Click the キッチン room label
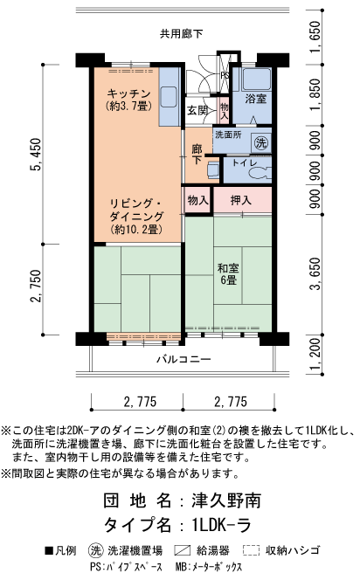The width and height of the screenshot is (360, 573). (x=130, y=94)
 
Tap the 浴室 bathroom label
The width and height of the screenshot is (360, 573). (x=256, y=99)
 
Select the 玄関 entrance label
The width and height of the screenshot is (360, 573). (x=197, y=111)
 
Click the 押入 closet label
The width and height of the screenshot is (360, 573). (x=241, y=200)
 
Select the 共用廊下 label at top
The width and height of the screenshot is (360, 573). (x=181, y=34)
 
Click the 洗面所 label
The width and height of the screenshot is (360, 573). (x=228, y=135)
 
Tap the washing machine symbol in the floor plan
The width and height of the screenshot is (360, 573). (x=260, y=142)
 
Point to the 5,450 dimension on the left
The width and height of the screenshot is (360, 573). (x=36, y=158)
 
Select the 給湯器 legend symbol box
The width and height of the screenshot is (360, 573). (x=182, y=551)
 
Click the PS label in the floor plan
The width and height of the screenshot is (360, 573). (x=225, y=76)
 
